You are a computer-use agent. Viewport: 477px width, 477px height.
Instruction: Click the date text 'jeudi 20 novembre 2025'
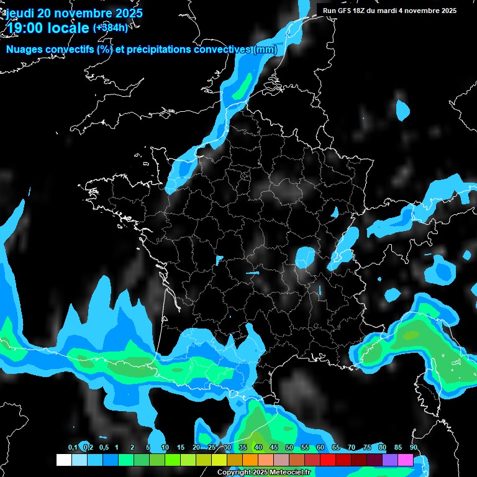(x=74, y=13)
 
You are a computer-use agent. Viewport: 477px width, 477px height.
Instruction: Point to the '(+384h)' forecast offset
(x=110, y=28)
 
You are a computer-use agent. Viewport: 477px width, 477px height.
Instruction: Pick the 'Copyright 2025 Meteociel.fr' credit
(x=263, y=473)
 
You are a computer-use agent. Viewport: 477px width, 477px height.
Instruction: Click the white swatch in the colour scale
(x=63, y=460)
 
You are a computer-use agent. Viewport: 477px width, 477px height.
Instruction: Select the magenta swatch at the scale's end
(x=406, y=460)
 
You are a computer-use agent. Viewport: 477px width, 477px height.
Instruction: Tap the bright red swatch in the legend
(x=328, y=460)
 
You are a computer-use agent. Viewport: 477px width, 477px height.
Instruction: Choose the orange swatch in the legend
(x=250, y=460)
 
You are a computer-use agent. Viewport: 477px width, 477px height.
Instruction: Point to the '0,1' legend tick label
(x=73, y=448)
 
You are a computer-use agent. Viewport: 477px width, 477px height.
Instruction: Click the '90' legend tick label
(x=414, y=448)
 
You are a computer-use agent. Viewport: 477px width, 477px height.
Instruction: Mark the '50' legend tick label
(x=289, y=448)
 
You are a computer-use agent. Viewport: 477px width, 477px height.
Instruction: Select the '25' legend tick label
(x=212, y=448)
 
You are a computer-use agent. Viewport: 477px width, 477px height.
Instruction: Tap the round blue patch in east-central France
(x=305, y=257)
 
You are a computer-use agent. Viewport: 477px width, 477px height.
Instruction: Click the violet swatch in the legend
(x=390, y=460)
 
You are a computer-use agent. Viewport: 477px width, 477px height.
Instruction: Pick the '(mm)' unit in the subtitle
(x=265, y=50)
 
